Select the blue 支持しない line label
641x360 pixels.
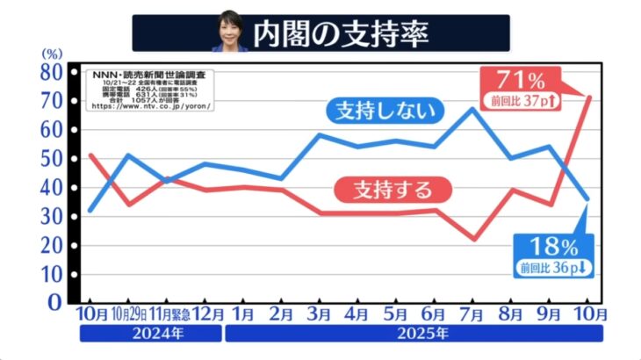[x=384, y=111]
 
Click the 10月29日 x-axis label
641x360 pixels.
[x=130, y=313]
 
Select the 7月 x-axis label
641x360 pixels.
[x=472, y=313]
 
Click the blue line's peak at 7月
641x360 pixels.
[x=472, y=109]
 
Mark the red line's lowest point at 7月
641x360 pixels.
[x=472, y=239]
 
